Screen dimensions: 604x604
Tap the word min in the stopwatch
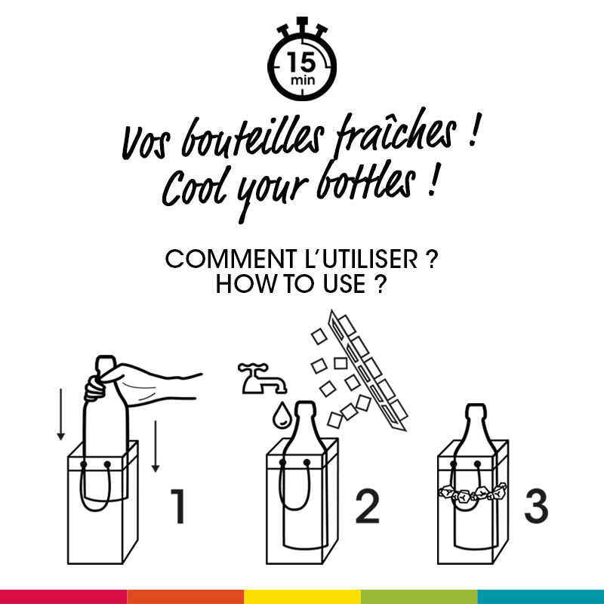pos(301,79)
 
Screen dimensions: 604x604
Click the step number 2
pos(367,507)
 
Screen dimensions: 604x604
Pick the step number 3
pos(536,507)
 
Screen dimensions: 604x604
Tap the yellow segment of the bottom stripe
pos(302,596)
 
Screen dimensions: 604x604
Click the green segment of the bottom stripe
pos(419,596)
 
